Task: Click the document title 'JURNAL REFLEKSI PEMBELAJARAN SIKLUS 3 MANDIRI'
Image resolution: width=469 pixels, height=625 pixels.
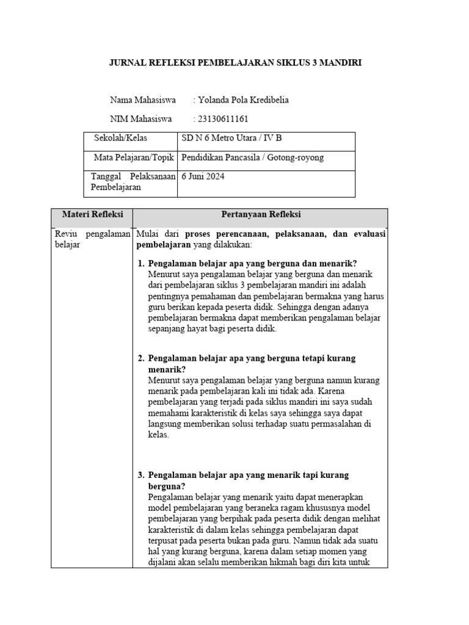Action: point(234,63)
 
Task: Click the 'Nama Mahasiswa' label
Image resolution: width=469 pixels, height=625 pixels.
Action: point(143,99)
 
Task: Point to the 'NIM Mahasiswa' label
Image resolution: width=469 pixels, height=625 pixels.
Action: point(141,118)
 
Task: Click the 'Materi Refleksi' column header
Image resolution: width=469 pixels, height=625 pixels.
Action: point(92,215)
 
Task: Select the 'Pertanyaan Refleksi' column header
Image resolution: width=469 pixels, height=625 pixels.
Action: point(261,215)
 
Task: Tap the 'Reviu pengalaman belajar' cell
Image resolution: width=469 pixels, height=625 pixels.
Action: point(92,239)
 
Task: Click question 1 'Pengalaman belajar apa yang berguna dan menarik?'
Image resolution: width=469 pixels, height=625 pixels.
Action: point(252,264)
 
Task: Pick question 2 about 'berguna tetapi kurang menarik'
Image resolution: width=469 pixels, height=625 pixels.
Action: point(252,364)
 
